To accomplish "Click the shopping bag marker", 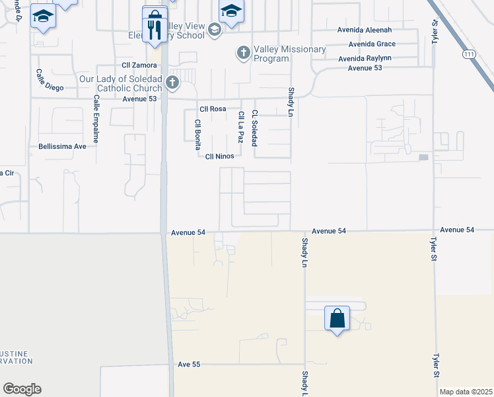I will tap(337, 319).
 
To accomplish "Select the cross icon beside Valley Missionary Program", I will tap(244, 52).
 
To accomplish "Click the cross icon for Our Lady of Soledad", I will tap(172, 83).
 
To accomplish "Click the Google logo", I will tap(22, 389).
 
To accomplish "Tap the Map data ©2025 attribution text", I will tap(466, 392).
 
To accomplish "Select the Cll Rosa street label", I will tap(213, 110).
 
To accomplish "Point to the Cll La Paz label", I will tap(240, 126).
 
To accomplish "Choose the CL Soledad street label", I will tap(254, 128).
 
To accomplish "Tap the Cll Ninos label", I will tap(219, 156).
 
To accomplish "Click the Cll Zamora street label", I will tap(139, 65).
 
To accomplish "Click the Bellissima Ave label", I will tap(63, 146).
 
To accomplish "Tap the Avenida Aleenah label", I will tap(366, 30).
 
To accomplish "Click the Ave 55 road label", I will tap(189, 365).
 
